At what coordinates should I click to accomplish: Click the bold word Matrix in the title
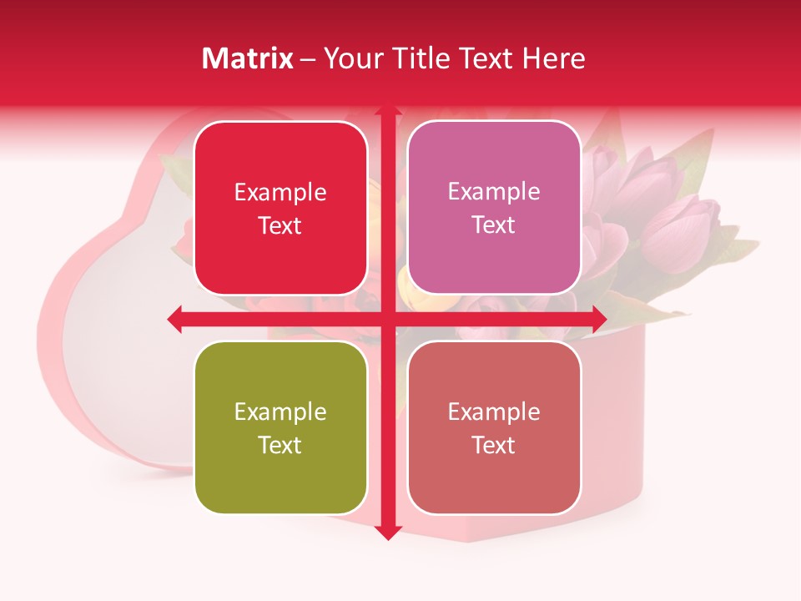coord(248,58)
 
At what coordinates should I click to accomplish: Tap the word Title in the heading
coord(419,58)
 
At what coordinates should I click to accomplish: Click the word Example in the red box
coord(280,193)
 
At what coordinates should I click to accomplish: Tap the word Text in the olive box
coord(280,445)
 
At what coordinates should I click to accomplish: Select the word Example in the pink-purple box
coord(494,192)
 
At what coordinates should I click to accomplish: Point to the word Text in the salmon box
coord(494,445)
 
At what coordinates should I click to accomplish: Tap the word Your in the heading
coord(352,58)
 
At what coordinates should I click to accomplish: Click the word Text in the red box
coord(280,225)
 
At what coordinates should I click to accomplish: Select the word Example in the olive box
coord(280,412)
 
